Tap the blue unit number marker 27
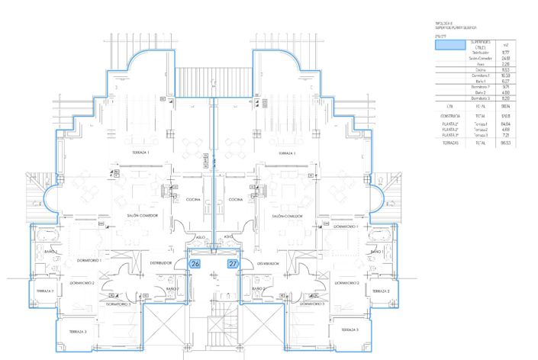234,265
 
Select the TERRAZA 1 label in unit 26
140,153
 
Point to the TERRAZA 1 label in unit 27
288,153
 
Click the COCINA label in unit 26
193,198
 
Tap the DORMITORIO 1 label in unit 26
90,260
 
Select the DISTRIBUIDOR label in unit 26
160,262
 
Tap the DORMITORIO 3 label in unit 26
118,304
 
